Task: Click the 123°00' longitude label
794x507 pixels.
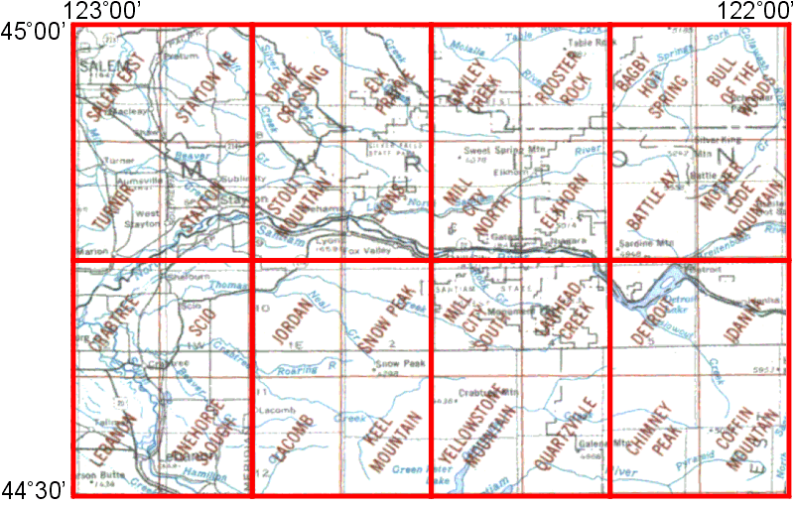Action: pos(103,11)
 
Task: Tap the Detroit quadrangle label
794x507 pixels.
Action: pos(651,316)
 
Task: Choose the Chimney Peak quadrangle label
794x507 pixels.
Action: pos(653,441)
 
